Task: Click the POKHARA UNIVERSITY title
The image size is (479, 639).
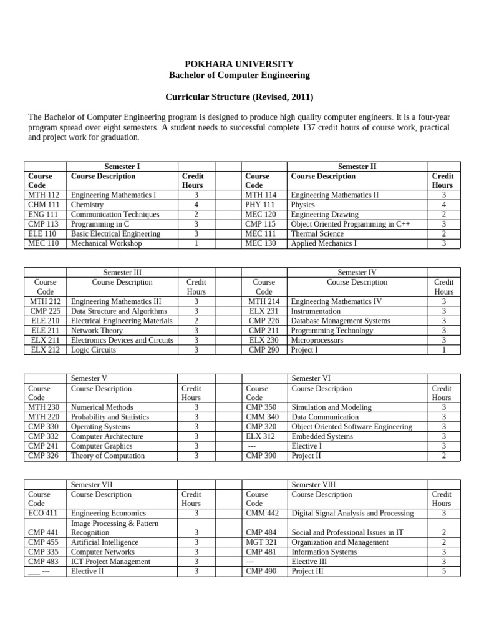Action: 239,64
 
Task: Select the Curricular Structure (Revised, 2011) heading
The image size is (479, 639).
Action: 239,97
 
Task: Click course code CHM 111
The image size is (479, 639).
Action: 44,205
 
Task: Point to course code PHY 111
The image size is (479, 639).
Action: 261,205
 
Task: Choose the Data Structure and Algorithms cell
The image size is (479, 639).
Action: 119,311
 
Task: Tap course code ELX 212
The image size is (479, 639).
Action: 45,350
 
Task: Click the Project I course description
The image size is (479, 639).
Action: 304,350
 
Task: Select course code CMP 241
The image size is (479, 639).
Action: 44,446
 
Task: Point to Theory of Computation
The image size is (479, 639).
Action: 108,456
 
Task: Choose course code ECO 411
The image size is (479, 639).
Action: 44,514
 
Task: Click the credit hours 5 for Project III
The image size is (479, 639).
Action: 443,572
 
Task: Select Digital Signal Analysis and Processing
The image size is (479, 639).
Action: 352,514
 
